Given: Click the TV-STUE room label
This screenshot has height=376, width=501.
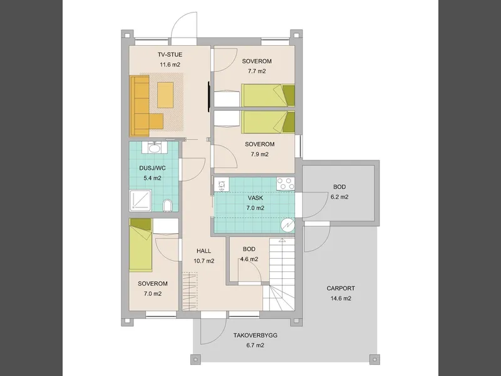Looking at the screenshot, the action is (x=170, y=55).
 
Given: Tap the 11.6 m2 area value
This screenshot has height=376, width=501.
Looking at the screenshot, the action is (x=170, y=65).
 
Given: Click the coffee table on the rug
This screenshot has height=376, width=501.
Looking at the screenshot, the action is (x=165, y=95).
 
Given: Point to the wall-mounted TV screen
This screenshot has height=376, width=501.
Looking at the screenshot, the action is (x=209, y=97).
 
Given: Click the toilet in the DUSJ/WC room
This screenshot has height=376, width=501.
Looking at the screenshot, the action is (x=167, y=206).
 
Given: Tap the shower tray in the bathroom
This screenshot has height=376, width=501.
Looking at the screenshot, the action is (x=140, y=201).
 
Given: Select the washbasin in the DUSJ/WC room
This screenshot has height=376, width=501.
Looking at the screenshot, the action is (x=155, y=148).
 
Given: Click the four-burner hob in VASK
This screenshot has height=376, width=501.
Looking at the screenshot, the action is (x=286, y=184).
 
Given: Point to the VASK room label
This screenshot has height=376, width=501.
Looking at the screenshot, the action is (x=256, y=198).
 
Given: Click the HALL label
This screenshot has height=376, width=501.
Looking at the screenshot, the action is (x=204, y=251).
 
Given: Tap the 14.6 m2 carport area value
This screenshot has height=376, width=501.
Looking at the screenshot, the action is (x=341, y=298).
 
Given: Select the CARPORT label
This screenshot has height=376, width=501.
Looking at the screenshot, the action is (x=341, y=288).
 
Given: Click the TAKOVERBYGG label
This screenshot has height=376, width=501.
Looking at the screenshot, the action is (x=256, y=335).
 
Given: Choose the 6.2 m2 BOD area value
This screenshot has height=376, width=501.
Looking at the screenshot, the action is (x=339, y=197).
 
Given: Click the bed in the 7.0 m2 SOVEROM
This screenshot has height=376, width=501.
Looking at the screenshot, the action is (x=140, y=245).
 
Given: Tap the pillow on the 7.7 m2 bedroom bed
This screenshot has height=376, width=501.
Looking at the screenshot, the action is (x=289, y=95).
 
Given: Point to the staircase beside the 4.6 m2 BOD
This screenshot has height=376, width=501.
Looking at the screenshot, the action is (x=281, y=274).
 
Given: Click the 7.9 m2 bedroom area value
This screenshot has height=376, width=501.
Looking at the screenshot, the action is (x=259, y=154).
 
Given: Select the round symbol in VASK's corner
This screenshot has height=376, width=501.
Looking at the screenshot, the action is (x=287, y=226).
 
